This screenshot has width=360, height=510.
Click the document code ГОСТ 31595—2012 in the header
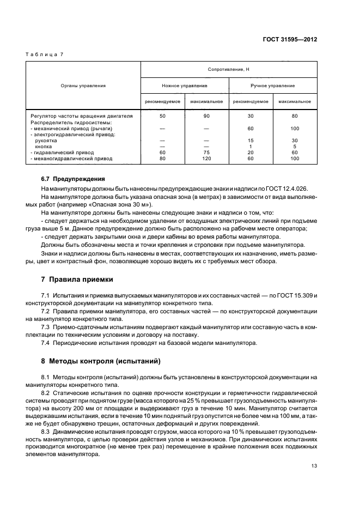pos(290,39)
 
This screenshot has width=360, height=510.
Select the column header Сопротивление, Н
pos(228,70)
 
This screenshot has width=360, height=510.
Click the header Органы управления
pos(83,86)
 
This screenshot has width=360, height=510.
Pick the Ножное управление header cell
pos(184,86)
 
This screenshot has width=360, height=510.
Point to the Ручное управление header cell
pos(272,86)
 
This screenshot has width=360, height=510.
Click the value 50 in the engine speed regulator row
pos(162,116)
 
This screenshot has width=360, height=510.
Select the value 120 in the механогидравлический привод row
pos(206,159)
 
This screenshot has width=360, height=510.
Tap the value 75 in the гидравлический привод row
pos(206,153)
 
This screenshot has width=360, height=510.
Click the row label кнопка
pos(44,147)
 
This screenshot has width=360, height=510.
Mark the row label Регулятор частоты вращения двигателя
pos(82,116)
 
